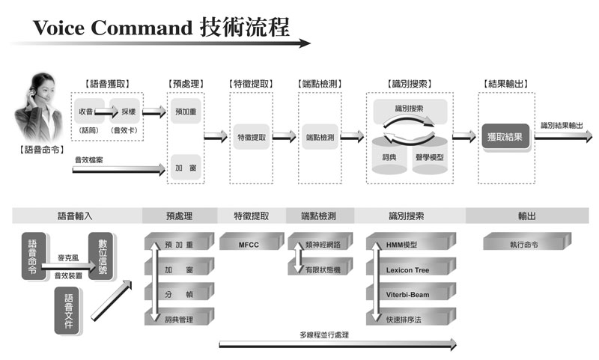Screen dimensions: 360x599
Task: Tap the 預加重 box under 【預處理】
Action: click(186, 111)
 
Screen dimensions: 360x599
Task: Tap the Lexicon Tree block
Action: click(407, 269)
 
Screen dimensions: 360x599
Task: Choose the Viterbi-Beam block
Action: click(407, 294)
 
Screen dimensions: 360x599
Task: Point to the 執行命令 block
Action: click(523, 244)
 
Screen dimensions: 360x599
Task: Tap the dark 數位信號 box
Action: click(100, 258)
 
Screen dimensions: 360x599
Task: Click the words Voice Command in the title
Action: click(112, 28)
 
